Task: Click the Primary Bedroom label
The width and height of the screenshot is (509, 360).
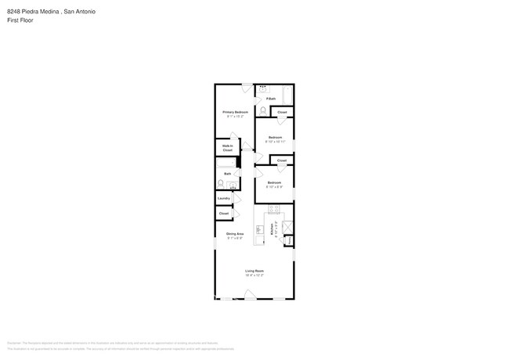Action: pos(235,113)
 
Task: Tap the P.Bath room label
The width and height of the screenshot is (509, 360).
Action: pos(270,99)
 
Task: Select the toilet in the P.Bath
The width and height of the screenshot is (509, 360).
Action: pos(262,110)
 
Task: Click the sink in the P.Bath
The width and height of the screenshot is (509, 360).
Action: pos(262,88)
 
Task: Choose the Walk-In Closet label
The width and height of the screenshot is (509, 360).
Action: pos(227,147)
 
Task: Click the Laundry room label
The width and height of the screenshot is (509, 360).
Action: pos(224,198)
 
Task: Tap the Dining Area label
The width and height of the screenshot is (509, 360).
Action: pos(235,234)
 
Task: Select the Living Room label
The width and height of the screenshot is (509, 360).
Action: pos(254,271)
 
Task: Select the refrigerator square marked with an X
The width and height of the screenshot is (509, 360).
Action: pos(287,228)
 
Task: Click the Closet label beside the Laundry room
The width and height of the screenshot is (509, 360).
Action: pos(224,213)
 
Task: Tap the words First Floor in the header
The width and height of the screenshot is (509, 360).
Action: pos(18,21)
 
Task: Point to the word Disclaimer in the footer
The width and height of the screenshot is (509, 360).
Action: pos(13,342)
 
